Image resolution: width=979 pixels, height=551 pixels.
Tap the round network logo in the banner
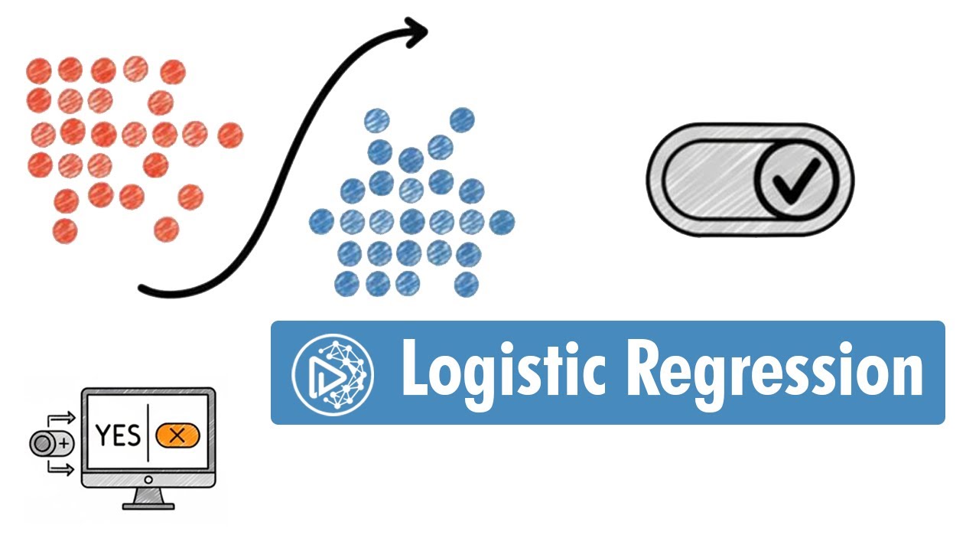pyautogui.click(x=333, y=372)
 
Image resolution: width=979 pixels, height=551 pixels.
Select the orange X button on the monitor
pyautogui.click(x=177, y=435)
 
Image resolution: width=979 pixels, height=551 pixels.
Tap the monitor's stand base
pyautogui.click(x=148, y=503)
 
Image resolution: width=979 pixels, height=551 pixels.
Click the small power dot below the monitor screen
pyautogui.click(x=148, y=480)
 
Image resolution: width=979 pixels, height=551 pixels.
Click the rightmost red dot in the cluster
pyautogui.click(x=229, y=136)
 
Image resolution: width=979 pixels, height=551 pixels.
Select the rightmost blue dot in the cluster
pyautogui.click(x=502, y=223)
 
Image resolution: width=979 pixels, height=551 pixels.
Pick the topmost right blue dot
pyautogui.click(x=462, y=119)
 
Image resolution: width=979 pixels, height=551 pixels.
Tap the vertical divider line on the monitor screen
pyautogui.click(x=148, y=435)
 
